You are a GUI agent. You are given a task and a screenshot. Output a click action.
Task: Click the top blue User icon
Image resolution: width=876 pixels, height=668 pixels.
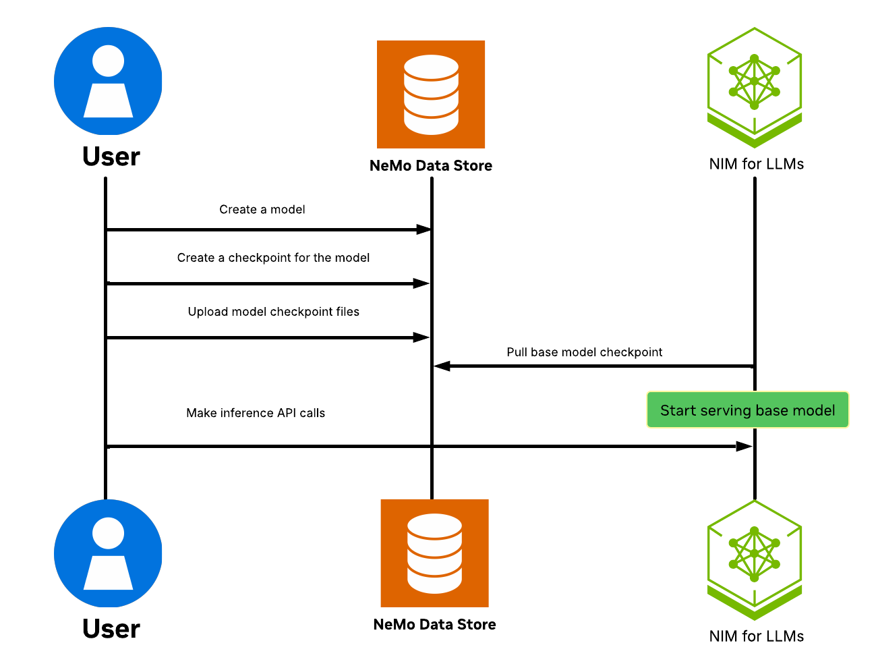[x=108, y=81]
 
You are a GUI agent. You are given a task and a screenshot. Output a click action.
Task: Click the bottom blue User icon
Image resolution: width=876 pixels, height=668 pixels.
[x=108, y=553]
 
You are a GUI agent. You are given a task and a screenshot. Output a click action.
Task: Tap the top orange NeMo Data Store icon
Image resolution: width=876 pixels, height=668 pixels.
[x=431, y=94]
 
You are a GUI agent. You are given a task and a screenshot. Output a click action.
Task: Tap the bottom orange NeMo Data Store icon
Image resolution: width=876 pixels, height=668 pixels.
[x=434, y=553]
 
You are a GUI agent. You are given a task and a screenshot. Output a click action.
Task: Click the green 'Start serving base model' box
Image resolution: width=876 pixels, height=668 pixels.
[x=747, y=410]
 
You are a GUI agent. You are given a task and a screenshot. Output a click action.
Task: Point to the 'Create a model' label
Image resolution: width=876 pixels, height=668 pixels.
[x=262, y=210]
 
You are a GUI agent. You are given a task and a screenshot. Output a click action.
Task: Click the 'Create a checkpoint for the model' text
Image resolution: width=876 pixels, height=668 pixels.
[x=273, y=258]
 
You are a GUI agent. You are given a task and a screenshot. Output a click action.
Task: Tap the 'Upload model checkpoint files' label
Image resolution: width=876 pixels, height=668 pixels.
[x=273, y=312]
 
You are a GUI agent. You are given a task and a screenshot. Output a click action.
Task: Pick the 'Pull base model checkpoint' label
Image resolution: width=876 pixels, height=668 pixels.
[x=584, y=352]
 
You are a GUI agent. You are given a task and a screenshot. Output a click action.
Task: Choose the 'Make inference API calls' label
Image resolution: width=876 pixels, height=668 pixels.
[x=256, y=413]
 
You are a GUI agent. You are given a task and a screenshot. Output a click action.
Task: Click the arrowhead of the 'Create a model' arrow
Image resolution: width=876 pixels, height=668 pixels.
[x=424, y=230]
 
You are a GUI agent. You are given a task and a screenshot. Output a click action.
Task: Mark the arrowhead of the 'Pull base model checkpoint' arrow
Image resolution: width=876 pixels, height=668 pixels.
[x=442, y=366]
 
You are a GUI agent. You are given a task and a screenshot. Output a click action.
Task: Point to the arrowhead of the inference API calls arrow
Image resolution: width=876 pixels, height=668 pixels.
[x=744, y=447]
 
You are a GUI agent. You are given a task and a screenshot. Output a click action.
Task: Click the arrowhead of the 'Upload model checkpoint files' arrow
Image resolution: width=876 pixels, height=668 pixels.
[x=421, y=337]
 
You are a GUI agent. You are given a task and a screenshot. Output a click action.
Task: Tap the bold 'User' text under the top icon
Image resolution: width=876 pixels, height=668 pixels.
[x=111, y=157]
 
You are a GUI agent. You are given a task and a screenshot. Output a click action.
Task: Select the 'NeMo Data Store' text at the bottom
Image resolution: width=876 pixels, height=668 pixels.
[x=434, y=625]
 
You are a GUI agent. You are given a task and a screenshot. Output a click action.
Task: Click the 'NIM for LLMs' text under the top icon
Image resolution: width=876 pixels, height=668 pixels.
[x=756, y=164]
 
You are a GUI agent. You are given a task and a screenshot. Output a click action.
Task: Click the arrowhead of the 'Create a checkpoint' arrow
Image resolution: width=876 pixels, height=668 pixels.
[x=421, y=283]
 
